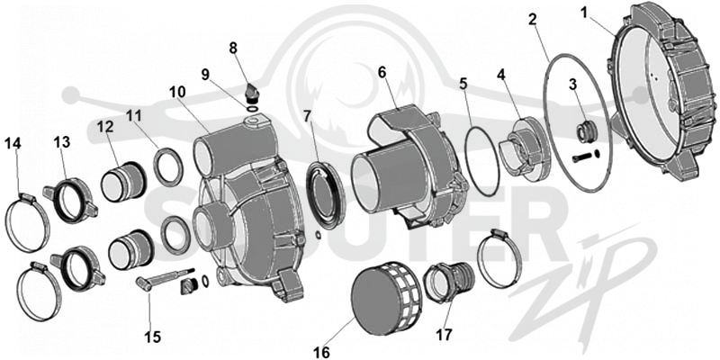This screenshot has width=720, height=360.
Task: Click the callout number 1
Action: coord(584,12)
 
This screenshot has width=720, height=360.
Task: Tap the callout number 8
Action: coord(233,48)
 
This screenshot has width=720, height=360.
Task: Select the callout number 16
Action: coord(322,352)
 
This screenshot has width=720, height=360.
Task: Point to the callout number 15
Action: coord(153,337)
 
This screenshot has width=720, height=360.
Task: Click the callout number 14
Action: coord(13,144)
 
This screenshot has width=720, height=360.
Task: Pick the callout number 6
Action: coord(382,72)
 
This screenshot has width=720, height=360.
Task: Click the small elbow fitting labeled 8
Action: coord(252,92)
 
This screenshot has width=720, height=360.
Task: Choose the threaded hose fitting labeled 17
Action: coord(448,282)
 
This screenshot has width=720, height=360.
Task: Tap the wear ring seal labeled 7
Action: coord(325,194)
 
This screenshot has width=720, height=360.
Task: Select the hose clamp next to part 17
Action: coord(499,258)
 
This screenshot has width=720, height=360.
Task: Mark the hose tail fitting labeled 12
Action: coord(123,182)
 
